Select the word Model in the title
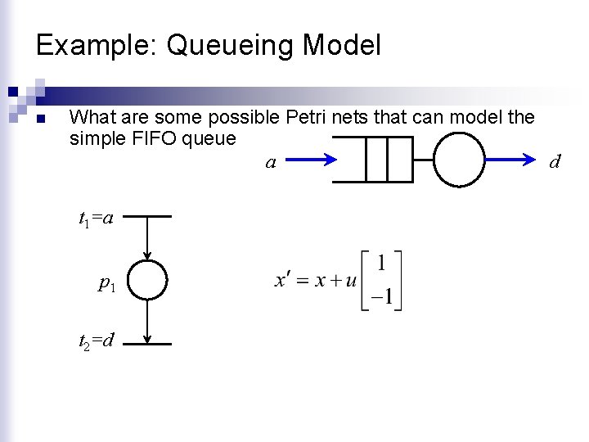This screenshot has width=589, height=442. coord(341,45)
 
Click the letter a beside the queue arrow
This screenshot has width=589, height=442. coord(270,163)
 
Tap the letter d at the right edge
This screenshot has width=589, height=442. coord(555,161)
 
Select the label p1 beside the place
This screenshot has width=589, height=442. coord(106,283)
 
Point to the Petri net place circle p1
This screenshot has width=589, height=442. coord(147,280)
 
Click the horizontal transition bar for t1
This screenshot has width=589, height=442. coord(147,217)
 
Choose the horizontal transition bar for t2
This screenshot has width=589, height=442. coord(147,345)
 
